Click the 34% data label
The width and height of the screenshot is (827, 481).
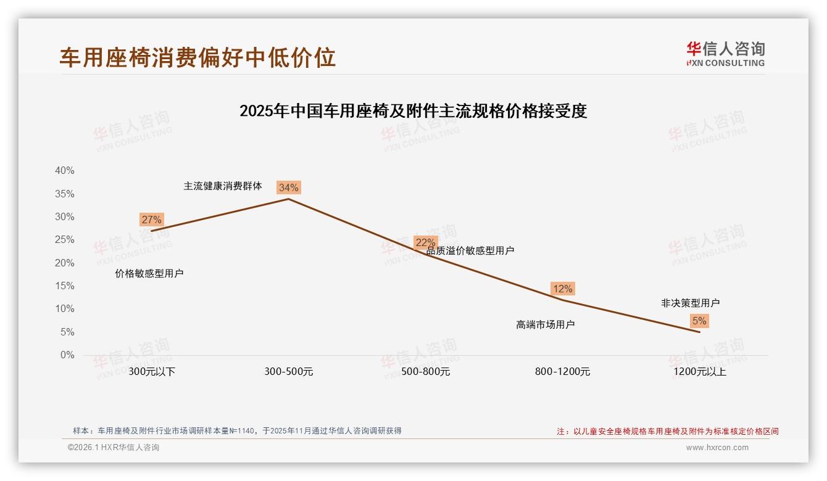(x=288, y=187)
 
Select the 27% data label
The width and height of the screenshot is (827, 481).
(x=151, y=220)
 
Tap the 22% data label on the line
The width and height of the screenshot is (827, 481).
(x=425, y=242)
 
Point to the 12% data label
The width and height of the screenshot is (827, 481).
(x=562, y=289)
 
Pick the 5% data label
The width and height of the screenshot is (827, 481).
(x=699, y=321)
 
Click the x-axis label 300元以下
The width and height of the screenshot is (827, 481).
(x=152, y=372)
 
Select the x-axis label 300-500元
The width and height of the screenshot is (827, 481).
(x=289, y=372)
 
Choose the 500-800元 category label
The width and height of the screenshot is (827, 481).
(x=426, y=372)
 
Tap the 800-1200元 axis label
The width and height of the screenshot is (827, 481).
(x=563, y=372)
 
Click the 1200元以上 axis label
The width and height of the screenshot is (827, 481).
(x=700, y=372)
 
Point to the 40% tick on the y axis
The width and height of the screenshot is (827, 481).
(x=64, y=171)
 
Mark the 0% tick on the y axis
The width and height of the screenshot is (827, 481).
(x=67, y=355)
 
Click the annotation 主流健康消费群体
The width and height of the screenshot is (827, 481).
(x=223, y=186)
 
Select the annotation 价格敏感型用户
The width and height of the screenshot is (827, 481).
(x=149, y=273)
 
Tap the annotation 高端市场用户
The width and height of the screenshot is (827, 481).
(x=546, y=324)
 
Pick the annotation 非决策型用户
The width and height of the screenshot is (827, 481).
(x=690, y=303)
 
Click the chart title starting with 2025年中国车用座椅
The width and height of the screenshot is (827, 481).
(x=413, y=111)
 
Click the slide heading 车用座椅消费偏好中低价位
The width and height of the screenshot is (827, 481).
(x=197, y=57)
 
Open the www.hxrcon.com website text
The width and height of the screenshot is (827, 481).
(x=717, y=448)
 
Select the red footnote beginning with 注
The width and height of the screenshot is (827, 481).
(x=668, y=432)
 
